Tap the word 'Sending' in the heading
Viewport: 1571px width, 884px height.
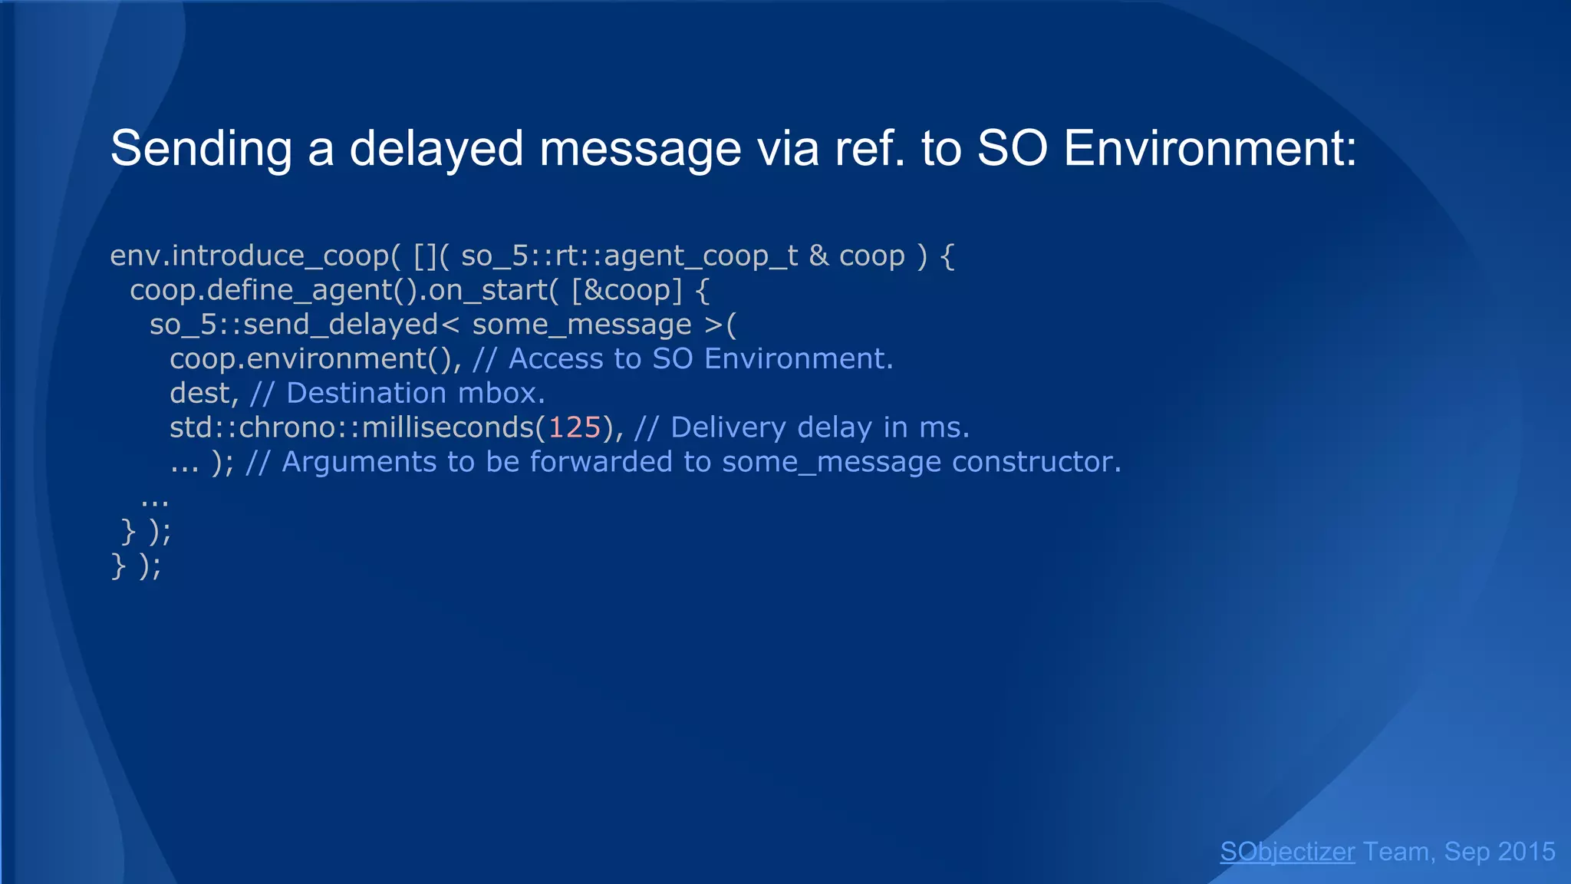click(201, 148)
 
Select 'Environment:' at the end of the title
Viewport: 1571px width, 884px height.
click(1210, 148)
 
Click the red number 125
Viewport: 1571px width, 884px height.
click(575, 427)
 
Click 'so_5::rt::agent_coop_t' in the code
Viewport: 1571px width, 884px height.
click(629, 256)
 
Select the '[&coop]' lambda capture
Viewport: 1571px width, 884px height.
click(627, 290)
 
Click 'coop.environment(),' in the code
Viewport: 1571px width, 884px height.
click(315, 359)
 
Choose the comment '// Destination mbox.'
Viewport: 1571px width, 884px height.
click(397, 394)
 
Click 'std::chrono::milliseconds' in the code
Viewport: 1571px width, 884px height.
click(351, 427)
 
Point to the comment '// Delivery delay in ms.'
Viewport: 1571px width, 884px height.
click(802, 427)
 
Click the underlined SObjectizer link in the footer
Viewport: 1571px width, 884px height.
click(1287, 852)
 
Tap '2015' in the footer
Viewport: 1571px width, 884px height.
click(1526, 852)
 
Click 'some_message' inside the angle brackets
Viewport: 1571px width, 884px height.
click(581, 325)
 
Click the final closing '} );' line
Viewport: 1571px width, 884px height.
click(137, 566)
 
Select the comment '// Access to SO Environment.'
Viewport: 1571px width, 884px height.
click(683, 359)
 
